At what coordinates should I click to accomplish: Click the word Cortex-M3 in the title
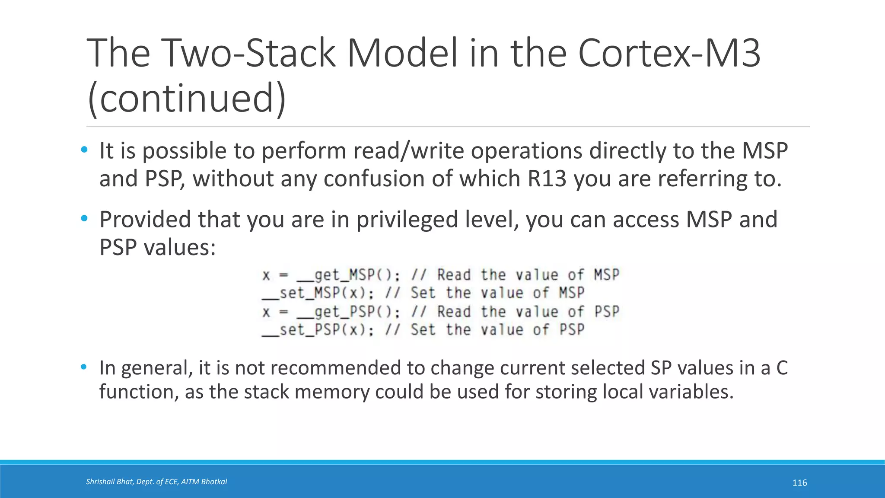[669, 53]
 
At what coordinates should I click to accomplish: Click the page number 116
[799, 483]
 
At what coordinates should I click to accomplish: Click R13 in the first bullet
[547, 179]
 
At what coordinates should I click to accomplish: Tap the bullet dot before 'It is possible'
[84, 150]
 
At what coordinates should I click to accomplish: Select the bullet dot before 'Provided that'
[84, 218]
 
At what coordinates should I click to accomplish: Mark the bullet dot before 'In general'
[84, 367]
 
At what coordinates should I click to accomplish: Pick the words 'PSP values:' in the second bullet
[157, 247]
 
